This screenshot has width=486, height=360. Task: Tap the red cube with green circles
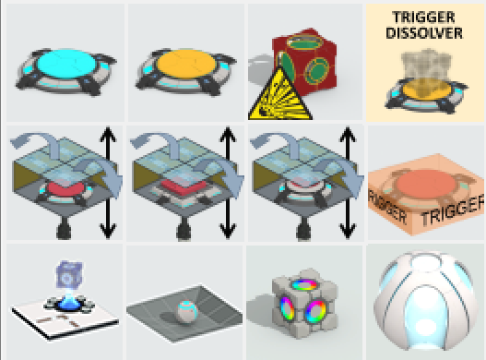click(304, 62)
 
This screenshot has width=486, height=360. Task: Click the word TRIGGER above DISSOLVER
click(423, 18)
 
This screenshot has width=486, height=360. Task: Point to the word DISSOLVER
click(424, 33)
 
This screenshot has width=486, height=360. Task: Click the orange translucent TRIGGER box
click(426, 194)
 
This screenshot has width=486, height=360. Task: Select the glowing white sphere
click(426, 301)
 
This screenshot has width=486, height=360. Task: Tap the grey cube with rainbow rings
click(305, 303)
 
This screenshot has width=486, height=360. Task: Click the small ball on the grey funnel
click(186, 312)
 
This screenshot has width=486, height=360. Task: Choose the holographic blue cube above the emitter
click(69, 275)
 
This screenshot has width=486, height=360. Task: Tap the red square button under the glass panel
click(184, 186)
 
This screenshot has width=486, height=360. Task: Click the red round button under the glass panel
click(65, 188)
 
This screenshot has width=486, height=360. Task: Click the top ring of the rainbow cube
click(305, 285)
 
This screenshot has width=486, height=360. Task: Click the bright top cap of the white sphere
click(426, 260)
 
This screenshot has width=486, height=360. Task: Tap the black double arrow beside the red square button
click(228, 183)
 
